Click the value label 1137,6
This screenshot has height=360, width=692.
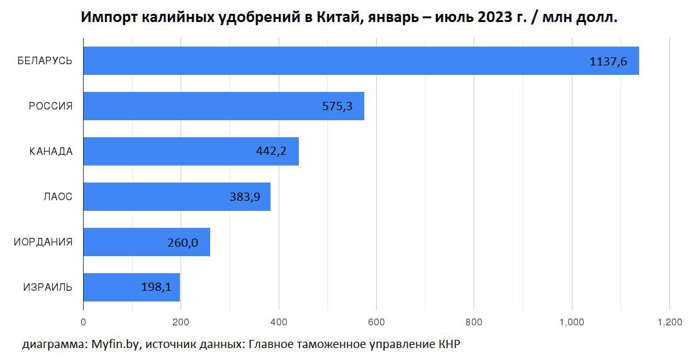(608, 62)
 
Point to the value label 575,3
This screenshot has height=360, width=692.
(337, 107)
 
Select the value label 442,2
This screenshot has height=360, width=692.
(272, 152)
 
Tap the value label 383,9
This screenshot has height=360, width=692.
(245, 198)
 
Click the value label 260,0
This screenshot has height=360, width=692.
(182, 243)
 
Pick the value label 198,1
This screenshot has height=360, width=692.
(157, 288)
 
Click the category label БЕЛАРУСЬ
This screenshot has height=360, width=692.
(45, 61)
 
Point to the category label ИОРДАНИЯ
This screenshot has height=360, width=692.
(43, 242)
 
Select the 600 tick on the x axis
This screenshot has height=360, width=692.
(376, 322)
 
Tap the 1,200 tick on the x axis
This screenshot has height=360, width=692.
(669, 322)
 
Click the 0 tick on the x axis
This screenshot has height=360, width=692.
(83, 322)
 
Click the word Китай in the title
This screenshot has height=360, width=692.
(347, 18)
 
